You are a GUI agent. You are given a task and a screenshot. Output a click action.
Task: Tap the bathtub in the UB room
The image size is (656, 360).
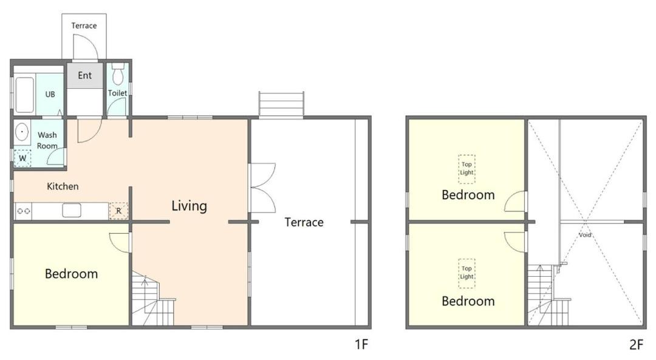click(x=24, y=95)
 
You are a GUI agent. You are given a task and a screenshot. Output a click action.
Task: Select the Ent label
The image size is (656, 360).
click(x=84, y=75)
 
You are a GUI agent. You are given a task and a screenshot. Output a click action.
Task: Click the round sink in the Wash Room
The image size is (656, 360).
click(x=22, y=132)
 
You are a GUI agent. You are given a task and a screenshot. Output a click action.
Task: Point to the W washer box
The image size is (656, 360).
click(x=22, y=158)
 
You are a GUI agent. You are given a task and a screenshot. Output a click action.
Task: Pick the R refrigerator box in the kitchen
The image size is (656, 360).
click(x=118, y=211)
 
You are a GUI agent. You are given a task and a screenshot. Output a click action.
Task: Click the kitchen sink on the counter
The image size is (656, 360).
click(x=72, y=210)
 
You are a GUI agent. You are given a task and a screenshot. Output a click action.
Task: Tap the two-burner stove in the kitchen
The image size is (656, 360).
click(x=24, y=211)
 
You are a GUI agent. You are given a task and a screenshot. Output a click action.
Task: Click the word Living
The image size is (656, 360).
click(x=189, y=206)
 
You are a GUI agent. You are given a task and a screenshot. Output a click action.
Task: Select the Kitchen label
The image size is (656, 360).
click(x=63, y=186)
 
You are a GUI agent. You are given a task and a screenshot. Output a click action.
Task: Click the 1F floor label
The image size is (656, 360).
click(x=361, y=345)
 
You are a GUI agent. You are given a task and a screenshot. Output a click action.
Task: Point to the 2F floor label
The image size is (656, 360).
click(x=636, y=345)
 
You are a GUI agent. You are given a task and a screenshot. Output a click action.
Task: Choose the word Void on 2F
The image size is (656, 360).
click(x=585, y=234)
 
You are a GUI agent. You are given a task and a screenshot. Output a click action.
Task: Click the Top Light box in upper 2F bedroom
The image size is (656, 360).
click(x=466, y=169)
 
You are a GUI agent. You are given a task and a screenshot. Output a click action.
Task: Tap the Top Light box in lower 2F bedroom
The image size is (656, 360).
click(x=466, y=273)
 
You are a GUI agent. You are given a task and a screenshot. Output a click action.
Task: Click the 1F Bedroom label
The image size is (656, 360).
click(x=71, y=273)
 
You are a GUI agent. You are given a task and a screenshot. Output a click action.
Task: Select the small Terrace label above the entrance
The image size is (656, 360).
click(x=84, y=25)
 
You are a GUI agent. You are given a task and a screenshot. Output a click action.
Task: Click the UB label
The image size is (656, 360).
click(x=50, y=94)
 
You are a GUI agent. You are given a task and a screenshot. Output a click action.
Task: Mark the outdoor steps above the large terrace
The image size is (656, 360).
click(x=281, y=104)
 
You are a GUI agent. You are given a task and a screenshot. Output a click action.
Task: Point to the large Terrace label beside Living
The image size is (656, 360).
click(x=304, y=222)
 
